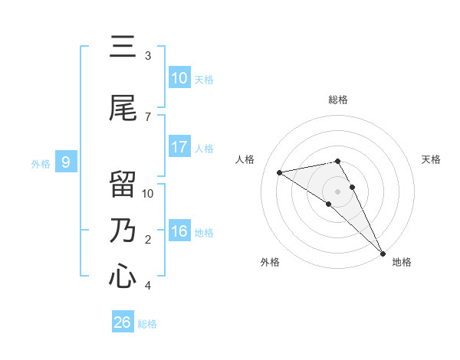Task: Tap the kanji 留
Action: [123, 185]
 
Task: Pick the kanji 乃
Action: [123, 231]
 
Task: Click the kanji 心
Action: [123, 277]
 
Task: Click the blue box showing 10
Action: [179, 78]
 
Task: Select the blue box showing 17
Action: [179, 147]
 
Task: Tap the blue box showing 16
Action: [179, 231]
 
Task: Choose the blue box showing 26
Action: [123, 322]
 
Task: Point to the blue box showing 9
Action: [67, 162]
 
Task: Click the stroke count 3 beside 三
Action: [148, 56]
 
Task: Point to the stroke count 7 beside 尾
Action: [148, 117]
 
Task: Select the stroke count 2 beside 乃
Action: [148, 240]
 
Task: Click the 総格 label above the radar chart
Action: [338, 100]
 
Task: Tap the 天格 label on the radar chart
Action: [431, 159]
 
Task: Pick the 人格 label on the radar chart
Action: [245, 159]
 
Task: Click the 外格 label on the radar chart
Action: [270, 262]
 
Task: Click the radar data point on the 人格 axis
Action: [280, 172]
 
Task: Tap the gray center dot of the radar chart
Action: [338, 191]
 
